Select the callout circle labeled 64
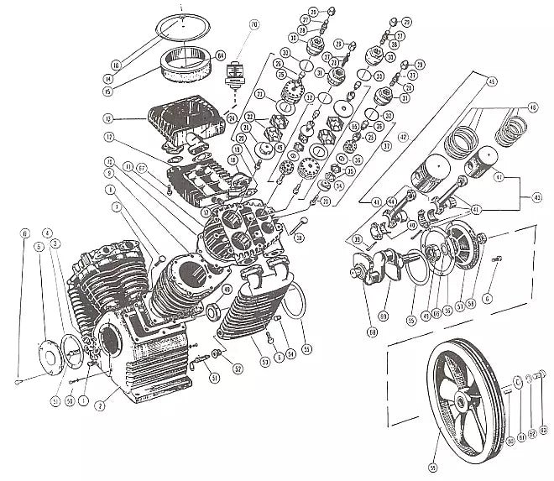[221, 55]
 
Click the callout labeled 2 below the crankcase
[100, 405]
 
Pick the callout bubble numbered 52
[239, 369]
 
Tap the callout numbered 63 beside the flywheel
[543, 431]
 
